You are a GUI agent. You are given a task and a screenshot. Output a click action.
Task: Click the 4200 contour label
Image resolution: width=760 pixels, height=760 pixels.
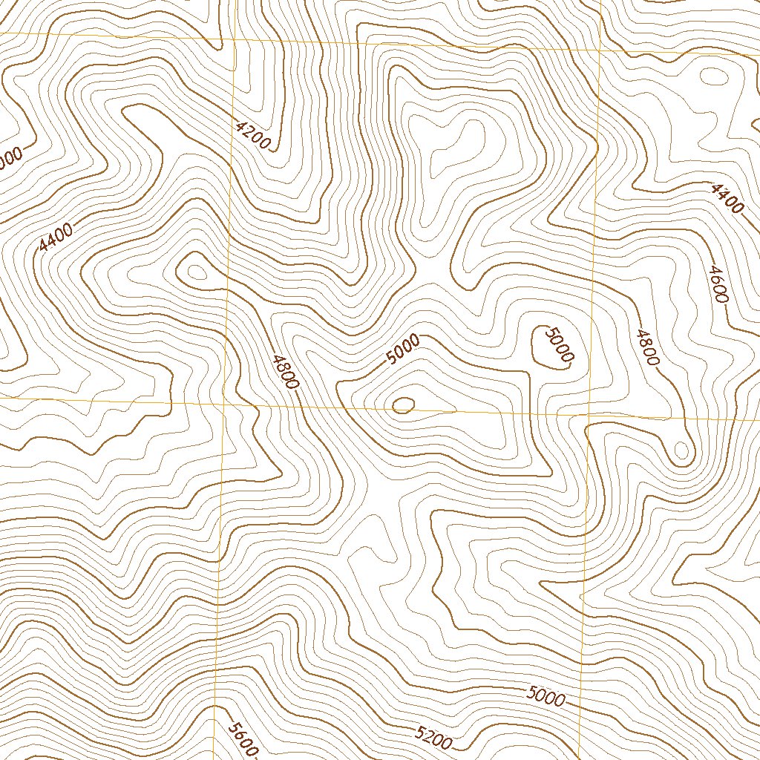tap(252, 135)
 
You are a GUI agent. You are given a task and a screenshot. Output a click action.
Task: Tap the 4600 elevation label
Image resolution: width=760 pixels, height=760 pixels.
tap(718, 284)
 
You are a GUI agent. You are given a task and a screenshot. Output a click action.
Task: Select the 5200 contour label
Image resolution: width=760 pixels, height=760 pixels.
tap(433, 737)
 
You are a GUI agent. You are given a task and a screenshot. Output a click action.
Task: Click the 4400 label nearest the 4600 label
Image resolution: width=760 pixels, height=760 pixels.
tap(726, 199)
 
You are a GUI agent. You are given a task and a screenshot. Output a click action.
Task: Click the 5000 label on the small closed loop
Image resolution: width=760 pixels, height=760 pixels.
tap(559, 344)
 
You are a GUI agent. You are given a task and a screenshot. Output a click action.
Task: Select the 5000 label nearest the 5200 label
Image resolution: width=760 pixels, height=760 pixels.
tap(546, 697)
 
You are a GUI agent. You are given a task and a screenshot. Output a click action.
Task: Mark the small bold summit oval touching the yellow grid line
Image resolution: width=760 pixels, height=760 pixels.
tap(403, 404)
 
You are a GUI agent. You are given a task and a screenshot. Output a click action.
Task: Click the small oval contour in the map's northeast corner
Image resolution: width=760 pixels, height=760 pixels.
tap(713, 76)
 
